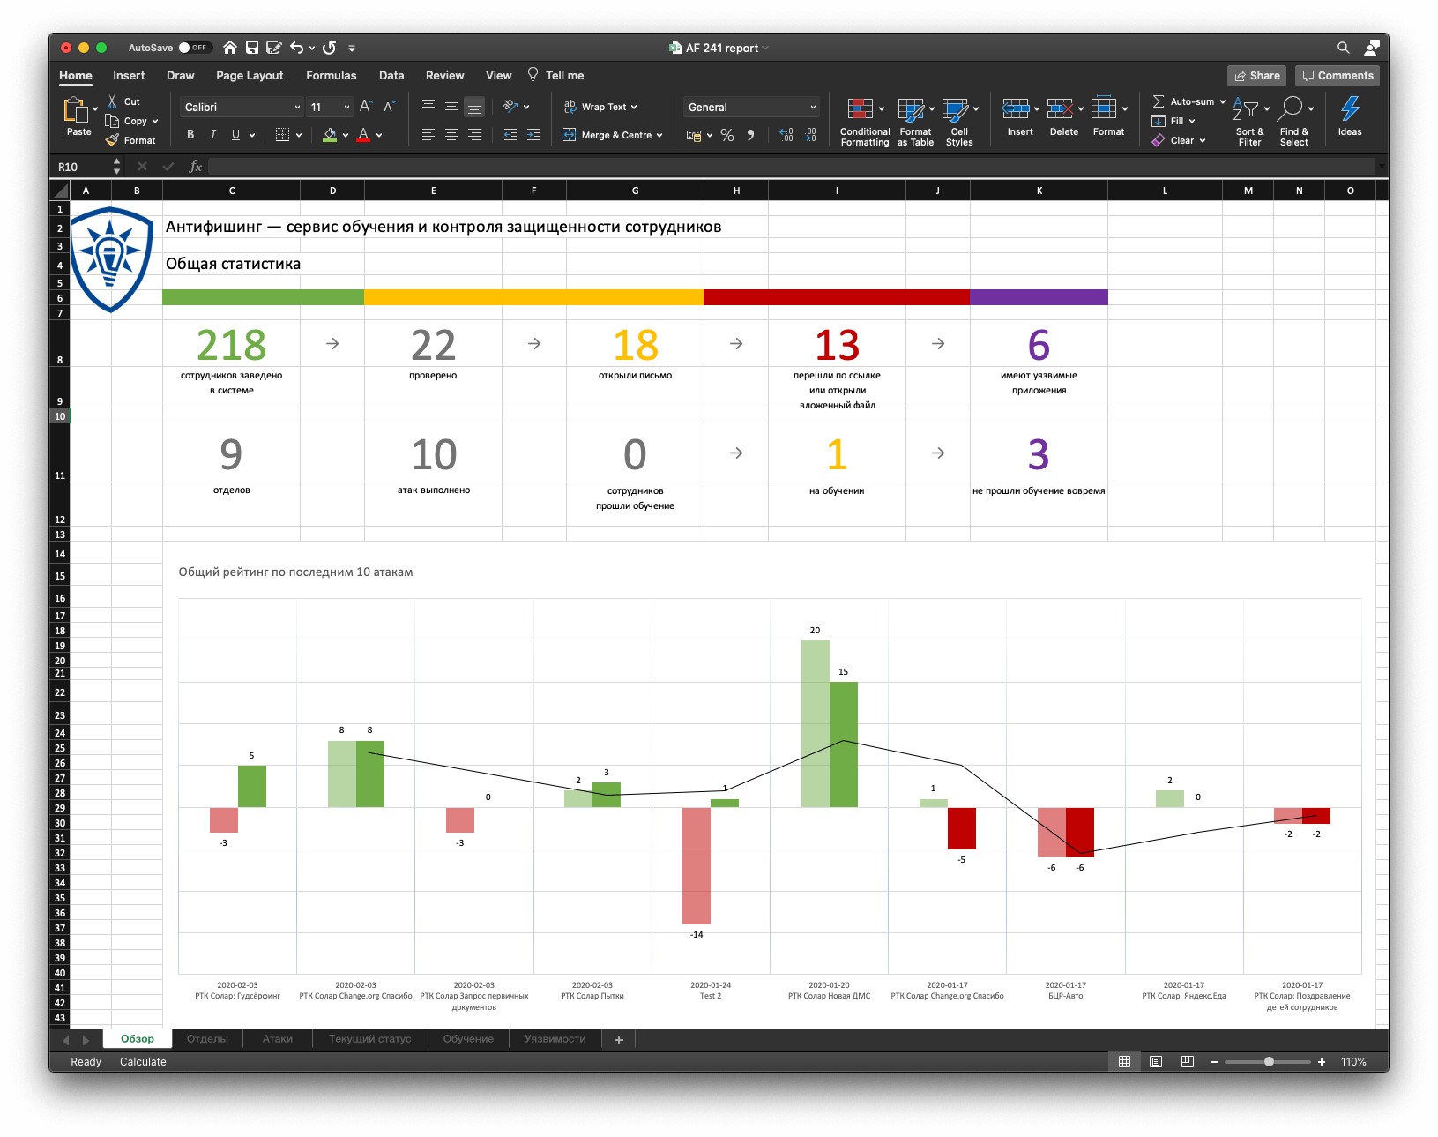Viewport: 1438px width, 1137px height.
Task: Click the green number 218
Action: [x=231, y=345]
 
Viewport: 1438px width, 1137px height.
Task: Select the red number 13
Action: [x=837, y=345]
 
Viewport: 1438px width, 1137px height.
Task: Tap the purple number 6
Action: [x=1039, y=345]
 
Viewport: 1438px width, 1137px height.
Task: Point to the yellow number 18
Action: [x=635, y=345]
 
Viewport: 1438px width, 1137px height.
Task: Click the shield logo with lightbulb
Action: [x=111, y=258]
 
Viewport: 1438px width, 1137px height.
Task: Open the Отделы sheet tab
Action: [x=207, y=1039]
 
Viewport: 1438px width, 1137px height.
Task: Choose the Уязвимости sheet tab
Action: [x=555, y=1039]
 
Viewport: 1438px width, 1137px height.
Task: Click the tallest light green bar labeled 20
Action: [x=815, y=723]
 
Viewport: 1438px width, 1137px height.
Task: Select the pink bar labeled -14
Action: [x=697, y=865]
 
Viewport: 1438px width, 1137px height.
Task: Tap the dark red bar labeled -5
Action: [x=962, y=828]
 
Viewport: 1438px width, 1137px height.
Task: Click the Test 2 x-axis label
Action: [x=711, y=996]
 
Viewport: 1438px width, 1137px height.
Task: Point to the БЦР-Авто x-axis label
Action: [x=1065, y=996]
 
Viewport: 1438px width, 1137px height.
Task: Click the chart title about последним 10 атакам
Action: [x=295, y=572]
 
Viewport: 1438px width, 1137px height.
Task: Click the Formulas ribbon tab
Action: [x=331, y=76]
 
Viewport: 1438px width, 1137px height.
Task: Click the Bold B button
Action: [x=190, y=135]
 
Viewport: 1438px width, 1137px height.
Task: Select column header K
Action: [x=1039, y=191]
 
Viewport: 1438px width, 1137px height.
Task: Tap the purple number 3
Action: [x=1039, y=455]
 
